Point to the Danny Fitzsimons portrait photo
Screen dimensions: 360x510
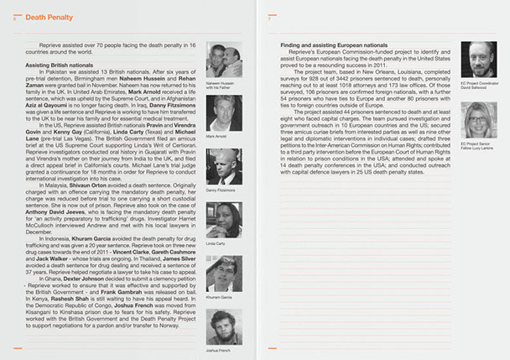223,166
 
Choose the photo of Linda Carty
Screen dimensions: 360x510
223,220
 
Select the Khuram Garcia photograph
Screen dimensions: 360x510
223,274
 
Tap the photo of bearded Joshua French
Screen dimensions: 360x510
223,326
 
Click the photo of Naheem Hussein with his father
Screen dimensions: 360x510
223,59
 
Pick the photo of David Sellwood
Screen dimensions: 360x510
477,59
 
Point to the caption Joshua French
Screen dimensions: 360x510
219,349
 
